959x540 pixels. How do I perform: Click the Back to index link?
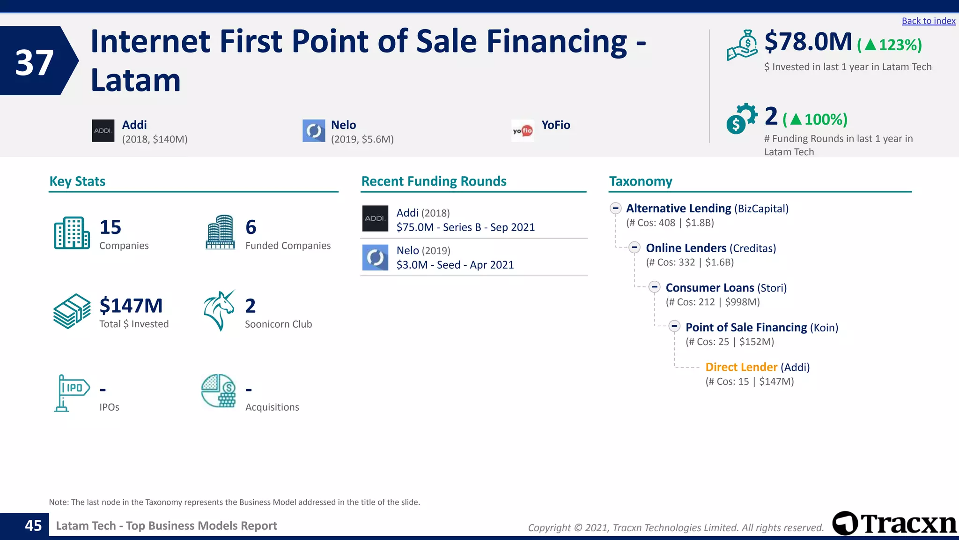coord(928,21)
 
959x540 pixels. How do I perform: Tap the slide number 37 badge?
coord(34,62)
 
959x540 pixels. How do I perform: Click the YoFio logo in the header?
coord(523,131)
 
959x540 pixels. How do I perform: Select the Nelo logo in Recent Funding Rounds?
coord(375,257)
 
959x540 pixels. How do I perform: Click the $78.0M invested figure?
coord(808,42)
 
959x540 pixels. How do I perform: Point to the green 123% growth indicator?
coord(889,45)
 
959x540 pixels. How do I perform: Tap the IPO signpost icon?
coord(71,392)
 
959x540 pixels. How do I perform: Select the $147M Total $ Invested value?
coord(131,306)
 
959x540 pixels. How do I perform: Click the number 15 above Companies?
coord(111,227)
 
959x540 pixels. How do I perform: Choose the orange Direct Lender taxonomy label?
coord(741,367)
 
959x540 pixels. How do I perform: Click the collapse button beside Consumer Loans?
coord(654,287)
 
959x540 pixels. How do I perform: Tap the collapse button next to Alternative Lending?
coord(615,208)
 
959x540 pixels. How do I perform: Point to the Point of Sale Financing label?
coord(746,327)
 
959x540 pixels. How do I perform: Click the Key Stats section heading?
coord(77,181)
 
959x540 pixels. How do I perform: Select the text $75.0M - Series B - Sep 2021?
coord(465,227)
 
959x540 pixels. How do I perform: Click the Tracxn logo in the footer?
coord(894,524)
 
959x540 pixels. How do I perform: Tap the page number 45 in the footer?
coord(33,525)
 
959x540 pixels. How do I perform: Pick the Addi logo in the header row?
coord(103,131)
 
